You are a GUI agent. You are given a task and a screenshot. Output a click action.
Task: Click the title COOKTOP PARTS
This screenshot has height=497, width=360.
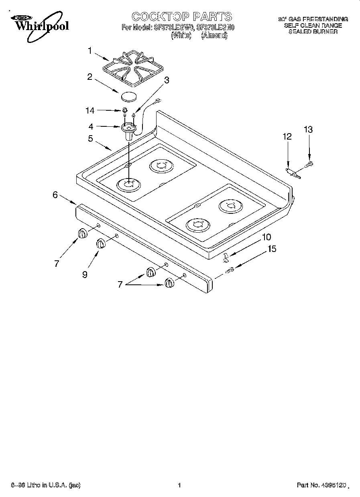click(x=182, y=16)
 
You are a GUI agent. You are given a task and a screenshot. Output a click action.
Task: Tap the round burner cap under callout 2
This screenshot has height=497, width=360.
click(x=128, y=96)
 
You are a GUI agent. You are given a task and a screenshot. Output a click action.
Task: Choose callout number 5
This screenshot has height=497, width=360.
click(x=90, y=138)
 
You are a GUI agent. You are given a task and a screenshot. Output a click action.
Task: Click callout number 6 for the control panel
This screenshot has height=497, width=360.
click(x=56, y=195)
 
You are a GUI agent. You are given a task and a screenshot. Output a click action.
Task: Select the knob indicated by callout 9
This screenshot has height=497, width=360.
click(x=100, y=243)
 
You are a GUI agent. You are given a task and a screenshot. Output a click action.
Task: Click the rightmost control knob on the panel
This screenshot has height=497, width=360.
click(x=169, y=283)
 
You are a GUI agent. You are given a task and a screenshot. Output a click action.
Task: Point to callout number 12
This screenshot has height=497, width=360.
click(x=287, y=137)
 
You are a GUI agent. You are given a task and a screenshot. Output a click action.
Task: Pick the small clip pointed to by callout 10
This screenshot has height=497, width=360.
click(x=226, y=256)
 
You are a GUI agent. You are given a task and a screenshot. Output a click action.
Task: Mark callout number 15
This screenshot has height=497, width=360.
click(x=272, y=249)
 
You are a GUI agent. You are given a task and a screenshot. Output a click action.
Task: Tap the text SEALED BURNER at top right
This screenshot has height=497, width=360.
click(x=313, y=31)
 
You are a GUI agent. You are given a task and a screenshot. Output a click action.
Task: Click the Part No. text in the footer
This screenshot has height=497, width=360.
click(x=321, y=485)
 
